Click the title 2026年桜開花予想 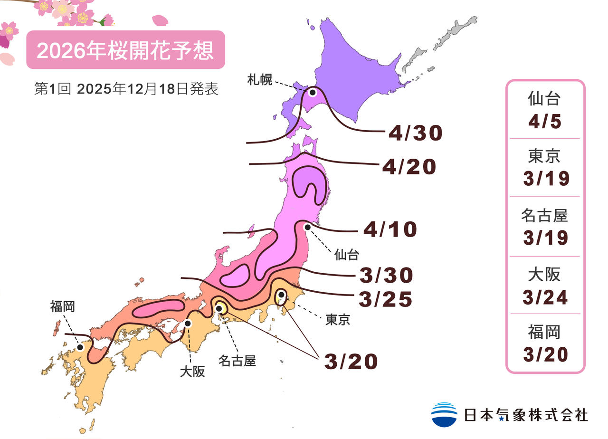coord(125,50)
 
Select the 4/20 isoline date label coord(408,167)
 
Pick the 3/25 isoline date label coord(385,299)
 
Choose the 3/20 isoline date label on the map coord(351,362)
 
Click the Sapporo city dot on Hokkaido coord(313,92)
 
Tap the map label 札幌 coord(260,80)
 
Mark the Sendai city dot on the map coord(307,228)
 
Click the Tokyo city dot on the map coord(281,295)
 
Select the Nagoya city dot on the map coord(219,309)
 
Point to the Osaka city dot coord(188,324)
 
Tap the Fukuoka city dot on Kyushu coord(81,347)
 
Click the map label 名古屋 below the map coord(237,361)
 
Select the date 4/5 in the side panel coord(545,122)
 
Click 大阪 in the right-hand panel coord(545,275)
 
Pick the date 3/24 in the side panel coord(545,297)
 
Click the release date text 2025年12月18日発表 coord(147,89)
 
